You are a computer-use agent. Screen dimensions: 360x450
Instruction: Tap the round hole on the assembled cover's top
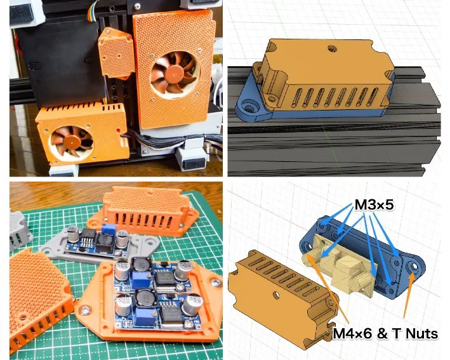[x=331, y=48]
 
